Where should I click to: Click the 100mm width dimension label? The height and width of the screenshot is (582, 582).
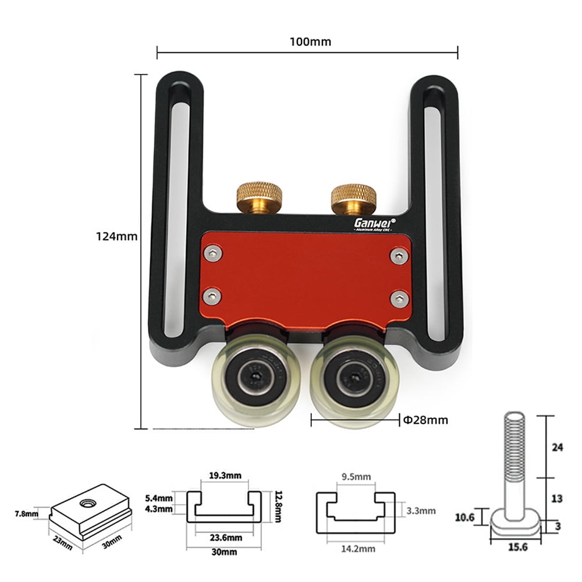[x=308, y=41]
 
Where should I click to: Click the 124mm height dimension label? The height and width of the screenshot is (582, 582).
[x=116, y=236]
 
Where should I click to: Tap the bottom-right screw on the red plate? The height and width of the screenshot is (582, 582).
[x=398, y=299]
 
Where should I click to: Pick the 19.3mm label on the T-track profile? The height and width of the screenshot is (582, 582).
[x=224, y=475]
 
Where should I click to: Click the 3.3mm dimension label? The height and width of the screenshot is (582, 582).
[x=421, y=511]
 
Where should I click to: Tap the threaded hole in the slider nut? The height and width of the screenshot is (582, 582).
[x=87, y=501]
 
